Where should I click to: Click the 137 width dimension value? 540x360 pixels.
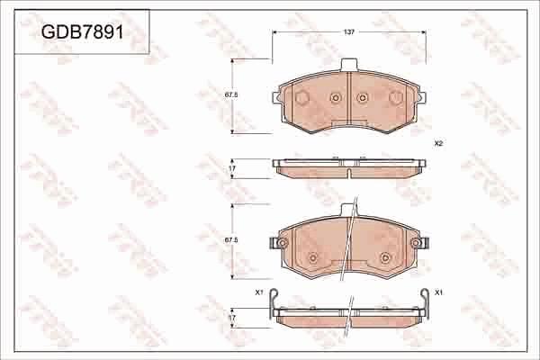[348, 31]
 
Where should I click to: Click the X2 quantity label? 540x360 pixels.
[438, 143]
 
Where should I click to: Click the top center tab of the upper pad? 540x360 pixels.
[348, 65]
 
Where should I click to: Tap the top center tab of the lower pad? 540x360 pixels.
[348, 211]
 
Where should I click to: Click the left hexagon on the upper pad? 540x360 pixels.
[302, 96]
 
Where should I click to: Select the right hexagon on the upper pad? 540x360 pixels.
[395, 96]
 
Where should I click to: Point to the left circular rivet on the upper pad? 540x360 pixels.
[335, 98]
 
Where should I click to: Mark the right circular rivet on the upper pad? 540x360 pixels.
[362, 98]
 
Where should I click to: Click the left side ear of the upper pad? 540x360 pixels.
[275, 94]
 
